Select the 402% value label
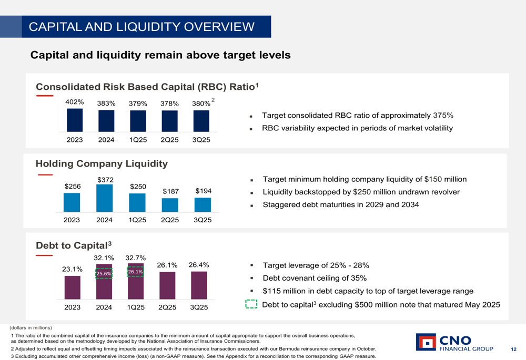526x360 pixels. click(74, 102)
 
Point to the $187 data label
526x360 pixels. click(170, 192)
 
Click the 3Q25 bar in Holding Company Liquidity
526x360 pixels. click(203, 204)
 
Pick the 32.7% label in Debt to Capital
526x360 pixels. click(136, 258)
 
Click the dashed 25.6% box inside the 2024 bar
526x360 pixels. click(104, 274)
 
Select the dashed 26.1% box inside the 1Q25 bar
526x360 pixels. click(135, 272)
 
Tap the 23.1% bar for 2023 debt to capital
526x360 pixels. click(73, 287)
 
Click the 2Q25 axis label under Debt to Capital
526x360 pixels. click(168, 307)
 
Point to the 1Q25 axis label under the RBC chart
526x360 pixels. click(138, 140)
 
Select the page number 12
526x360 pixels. click(513, 349)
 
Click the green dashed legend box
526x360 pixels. click(251, 305)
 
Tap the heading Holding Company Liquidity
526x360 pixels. click(102, 163)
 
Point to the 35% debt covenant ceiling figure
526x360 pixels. click(358, 278)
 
